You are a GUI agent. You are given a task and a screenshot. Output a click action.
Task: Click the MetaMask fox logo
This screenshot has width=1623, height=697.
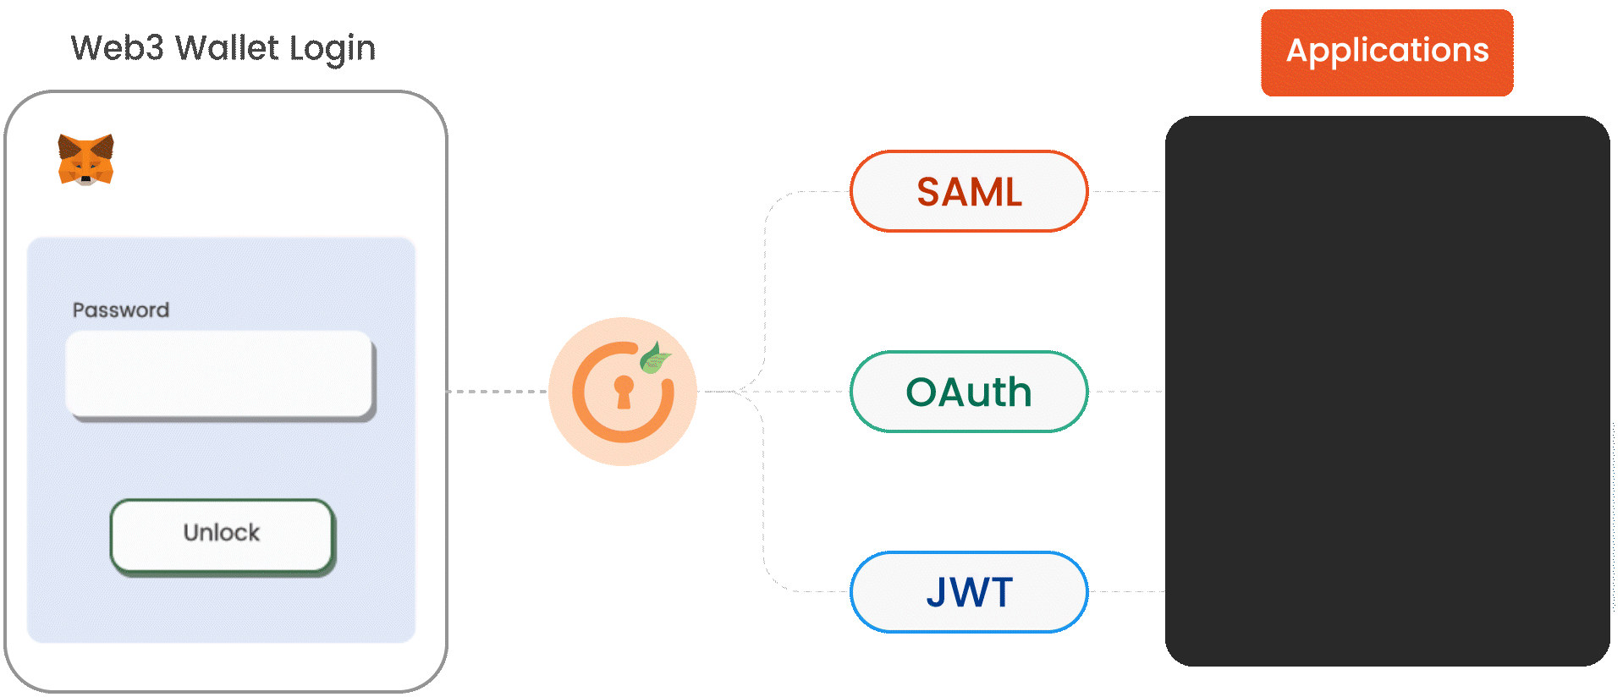85,159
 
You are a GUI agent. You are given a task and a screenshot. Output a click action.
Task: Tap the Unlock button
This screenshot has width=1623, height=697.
222,535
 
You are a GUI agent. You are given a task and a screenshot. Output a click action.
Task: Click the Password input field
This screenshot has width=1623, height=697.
219,373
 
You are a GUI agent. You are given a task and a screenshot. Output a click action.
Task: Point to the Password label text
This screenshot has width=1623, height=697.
121,310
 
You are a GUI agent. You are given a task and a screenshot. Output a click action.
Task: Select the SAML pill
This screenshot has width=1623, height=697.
969,191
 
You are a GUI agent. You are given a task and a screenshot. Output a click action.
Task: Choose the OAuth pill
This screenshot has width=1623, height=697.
969,392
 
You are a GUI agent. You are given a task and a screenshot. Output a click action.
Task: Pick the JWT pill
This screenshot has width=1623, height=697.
969,591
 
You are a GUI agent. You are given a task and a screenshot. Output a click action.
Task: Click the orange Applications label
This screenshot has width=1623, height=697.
1387,52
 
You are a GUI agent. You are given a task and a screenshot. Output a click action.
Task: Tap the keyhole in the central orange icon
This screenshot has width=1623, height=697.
624,392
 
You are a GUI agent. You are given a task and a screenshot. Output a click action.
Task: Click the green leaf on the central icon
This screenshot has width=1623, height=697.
653,357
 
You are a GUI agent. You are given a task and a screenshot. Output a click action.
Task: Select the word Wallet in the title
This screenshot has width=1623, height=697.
227,48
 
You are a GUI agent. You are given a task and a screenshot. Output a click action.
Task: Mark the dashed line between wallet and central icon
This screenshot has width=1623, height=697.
498,392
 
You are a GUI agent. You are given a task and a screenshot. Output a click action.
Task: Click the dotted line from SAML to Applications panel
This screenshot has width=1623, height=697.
1126,192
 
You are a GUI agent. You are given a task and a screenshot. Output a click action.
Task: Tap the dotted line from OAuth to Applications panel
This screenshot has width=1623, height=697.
1126,392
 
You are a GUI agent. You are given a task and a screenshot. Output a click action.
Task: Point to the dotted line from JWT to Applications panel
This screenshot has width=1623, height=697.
1126,591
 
